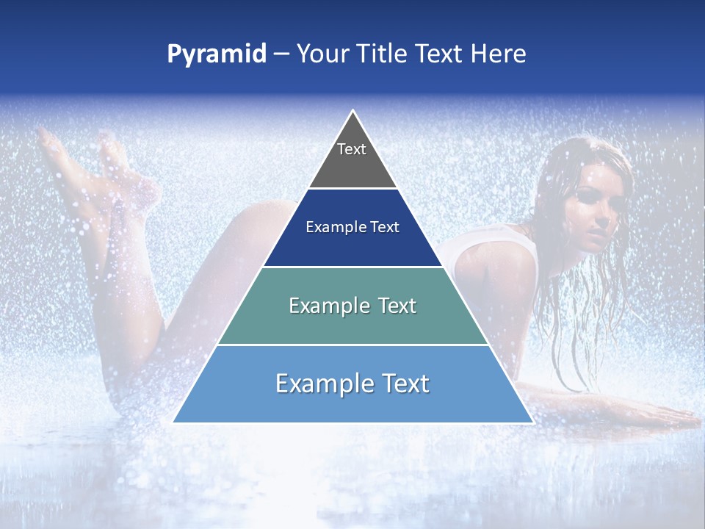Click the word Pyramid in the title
pos(217,54)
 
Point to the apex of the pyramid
pos(353,112)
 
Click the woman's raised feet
pos(81,158)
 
